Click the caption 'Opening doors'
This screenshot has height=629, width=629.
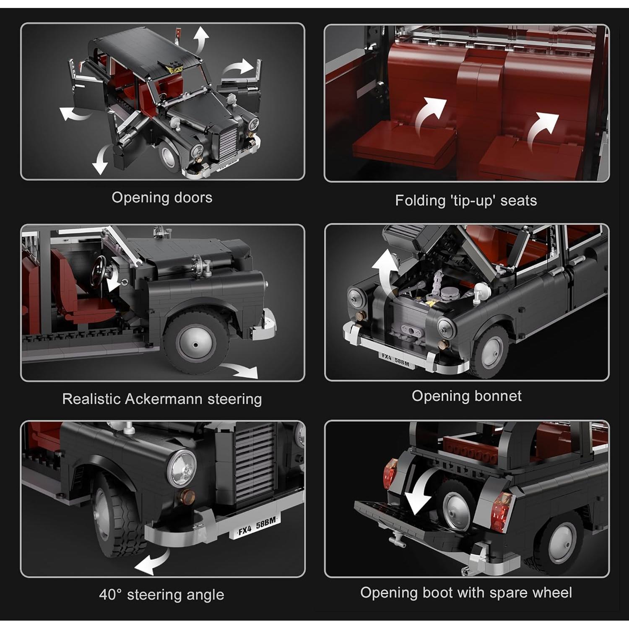162,197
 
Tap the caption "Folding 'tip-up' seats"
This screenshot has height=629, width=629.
466,200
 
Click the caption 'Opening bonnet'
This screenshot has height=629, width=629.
466,396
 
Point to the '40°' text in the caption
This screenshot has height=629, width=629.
110,595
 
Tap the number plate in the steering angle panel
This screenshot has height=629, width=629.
256,526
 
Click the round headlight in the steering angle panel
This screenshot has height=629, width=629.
182,468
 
